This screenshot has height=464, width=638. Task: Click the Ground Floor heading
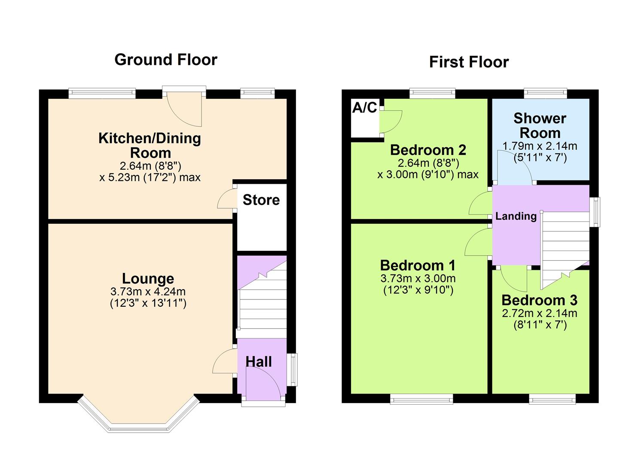coord(166,59)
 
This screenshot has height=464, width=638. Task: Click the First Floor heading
coord(469,62)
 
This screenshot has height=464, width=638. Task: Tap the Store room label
coord(261,200)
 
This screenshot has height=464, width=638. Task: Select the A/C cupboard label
coord(364,108)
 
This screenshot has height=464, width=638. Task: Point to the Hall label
coord(259,362)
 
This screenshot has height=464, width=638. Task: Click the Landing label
coord(516,216)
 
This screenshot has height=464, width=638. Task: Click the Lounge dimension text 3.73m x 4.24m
coord(148,292)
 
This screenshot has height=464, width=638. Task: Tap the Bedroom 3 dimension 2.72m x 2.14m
coord(539,313)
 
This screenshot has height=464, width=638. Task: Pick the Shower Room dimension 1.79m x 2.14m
coord(540,146)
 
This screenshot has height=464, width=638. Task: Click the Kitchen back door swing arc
coord(186,110)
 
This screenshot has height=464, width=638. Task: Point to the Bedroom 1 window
coord(421,399)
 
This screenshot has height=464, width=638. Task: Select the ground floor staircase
coord(262,301)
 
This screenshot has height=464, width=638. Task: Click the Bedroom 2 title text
coord(428,150)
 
